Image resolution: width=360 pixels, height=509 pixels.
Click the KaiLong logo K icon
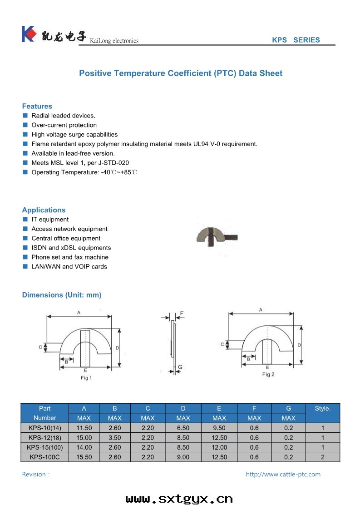pyautogui.click(x=28, y=34)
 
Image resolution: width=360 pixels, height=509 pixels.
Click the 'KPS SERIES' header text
pyautogui.click(x=296, y=40)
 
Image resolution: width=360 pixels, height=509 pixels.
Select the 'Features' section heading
pyautogui.click(x=37, y=106)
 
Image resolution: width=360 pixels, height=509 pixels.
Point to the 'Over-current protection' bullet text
pyautogui.click(x=64, y=125)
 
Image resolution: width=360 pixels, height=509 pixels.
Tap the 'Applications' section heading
pyautogui.click(x=44, y=210)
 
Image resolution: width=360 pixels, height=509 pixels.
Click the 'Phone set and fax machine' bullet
pyautogui.click(x=70, y=257)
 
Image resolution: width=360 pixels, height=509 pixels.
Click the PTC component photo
pyautogui.click(x=217, y=236)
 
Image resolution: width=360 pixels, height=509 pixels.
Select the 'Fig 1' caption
pyautogui.click(x=86, y=378)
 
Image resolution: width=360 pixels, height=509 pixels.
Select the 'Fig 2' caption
pyautogui.click(x=268, y=374)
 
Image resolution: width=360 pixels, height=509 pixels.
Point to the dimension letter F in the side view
pyautogui.click(x=182, y=313)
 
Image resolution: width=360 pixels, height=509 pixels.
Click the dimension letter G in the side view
pyautogui.click(x=180, y=367)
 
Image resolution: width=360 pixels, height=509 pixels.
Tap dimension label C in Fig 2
pyautogui.click(x=222, y=345)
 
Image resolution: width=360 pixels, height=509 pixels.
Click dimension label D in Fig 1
pyautogui.click(x=117, y=347)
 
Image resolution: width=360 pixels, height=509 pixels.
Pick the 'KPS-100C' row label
pyautogui.click(x=45, y=457)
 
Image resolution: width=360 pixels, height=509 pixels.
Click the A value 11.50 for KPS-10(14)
pyautogui.click(x=84, y=428)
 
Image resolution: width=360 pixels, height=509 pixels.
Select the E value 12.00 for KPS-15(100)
pyautogui.click(x=219, y=447)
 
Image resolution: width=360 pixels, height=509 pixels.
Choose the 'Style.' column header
pyautogui.click(x=323, y=408)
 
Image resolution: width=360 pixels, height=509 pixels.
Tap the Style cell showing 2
pyautogui.click(x=323, y=457)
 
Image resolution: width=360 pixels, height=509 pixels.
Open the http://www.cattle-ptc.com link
pyautogui.click(x=283, y=475)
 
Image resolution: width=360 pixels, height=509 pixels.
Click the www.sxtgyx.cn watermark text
pyautogui.click(x=179, y=499)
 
